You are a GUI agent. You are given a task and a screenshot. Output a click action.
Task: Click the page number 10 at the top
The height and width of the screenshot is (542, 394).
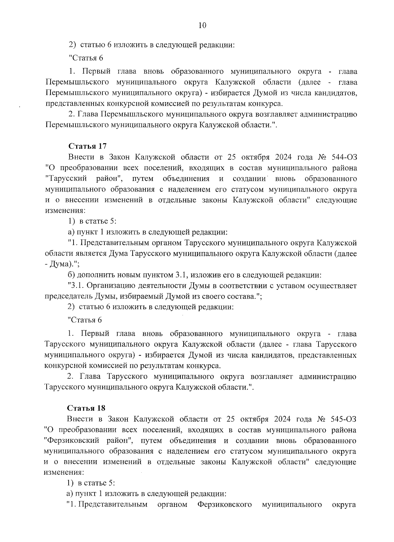(202, 26)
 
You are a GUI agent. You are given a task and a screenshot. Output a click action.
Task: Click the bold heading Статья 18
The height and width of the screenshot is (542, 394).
(86, 408)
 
